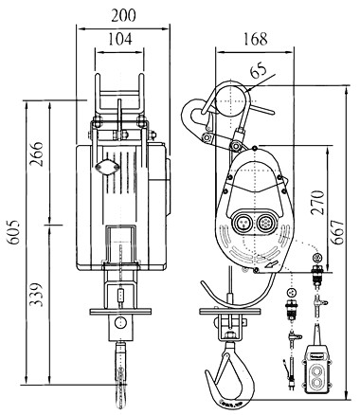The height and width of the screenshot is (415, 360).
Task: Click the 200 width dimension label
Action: pyautogui.click(x=123, y=15)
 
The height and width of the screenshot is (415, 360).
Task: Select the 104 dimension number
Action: pyautogui.click(x=120, y=39)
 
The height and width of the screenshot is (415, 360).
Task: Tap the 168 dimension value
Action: pyautogui.click(x=255, y=39)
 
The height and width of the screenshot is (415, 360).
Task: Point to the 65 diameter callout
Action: pyautogui.click(x=259, y=72)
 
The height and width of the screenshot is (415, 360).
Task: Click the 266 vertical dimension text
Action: pyautogui.click(x=36, y=153)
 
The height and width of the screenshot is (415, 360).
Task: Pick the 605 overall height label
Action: pyautogui.click(x=14, y=232)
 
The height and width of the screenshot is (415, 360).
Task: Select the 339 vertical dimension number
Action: pyautogui.click(x=36, y=295)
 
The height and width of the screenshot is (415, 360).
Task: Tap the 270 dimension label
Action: pyautogui.click(x=317, y=203)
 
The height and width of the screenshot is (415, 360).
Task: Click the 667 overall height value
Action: pyautogui.click(x=336, y=232)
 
